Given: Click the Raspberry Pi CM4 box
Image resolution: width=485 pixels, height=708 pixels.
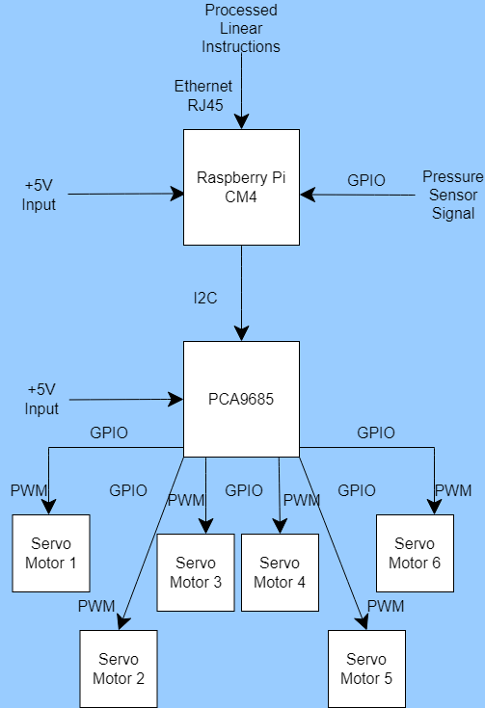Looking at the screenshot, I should tap(241, 187).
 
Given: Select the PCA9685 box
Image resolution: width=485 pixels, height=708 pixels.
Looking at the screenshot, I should tap(241, 399).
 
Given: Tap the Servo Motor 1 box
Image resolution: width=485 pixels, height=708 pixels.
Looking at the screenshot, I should tap(50, 553).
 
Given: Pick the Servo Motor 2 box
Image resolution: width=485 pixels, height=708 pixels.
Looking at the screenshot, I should tap(119, 669).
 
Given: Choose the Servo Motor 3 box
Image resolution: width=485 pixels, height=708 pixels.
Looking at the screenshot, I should tap(196, 572).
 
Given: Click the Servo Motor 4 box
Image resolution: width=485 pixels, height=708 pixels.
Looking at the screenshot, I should tap(280, 572).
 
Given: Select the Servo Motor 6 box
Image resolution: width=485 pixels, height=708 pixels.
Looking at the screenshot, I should tap(415, 553).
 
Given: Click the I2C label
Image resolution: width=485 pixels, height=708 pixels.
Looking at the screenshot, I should tap(203, 298).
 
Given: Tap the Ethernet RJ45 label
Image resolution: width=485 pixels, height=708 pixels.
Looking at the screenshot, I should tap(203, 95).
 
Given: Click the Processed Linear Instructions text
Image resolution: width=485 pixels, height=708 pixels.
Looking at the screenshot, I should tap(242, 28).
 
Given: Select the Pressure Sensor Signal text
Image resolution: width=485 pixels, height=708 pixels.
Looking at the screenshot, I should tap(452, 195).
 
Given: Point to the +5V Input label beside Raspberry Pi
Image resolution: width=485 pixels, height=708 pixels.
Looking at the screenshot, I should tap(40, 195).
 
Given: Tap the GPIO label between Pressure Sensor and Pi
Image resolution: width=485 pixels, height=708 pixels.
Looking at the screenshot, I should tap(366, 180).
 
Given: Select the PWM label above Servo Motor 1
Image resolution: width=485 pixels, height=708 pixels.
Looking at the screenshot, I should tap(29, 490).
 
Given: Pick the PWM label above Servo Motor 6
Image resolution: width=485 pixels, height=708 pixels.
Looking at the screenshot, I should tap(453, 490).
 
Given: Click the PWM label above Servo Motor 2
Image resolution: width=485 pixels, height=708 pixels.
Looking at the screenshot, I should tap(96, 606).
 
